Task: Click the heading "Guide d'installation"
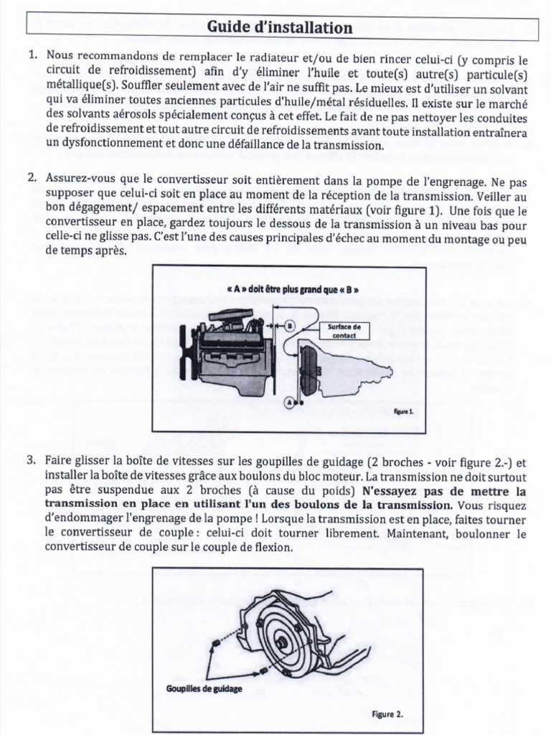pyautogui.click(x=279, y=28)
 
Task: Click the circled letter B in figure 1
pyautogui.click(x=290, y=325)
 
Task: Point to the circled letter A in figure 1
pyautogui.click(x=289, y=403)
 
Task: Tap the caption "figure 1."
pyautogui.click(x=404, y=413)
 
